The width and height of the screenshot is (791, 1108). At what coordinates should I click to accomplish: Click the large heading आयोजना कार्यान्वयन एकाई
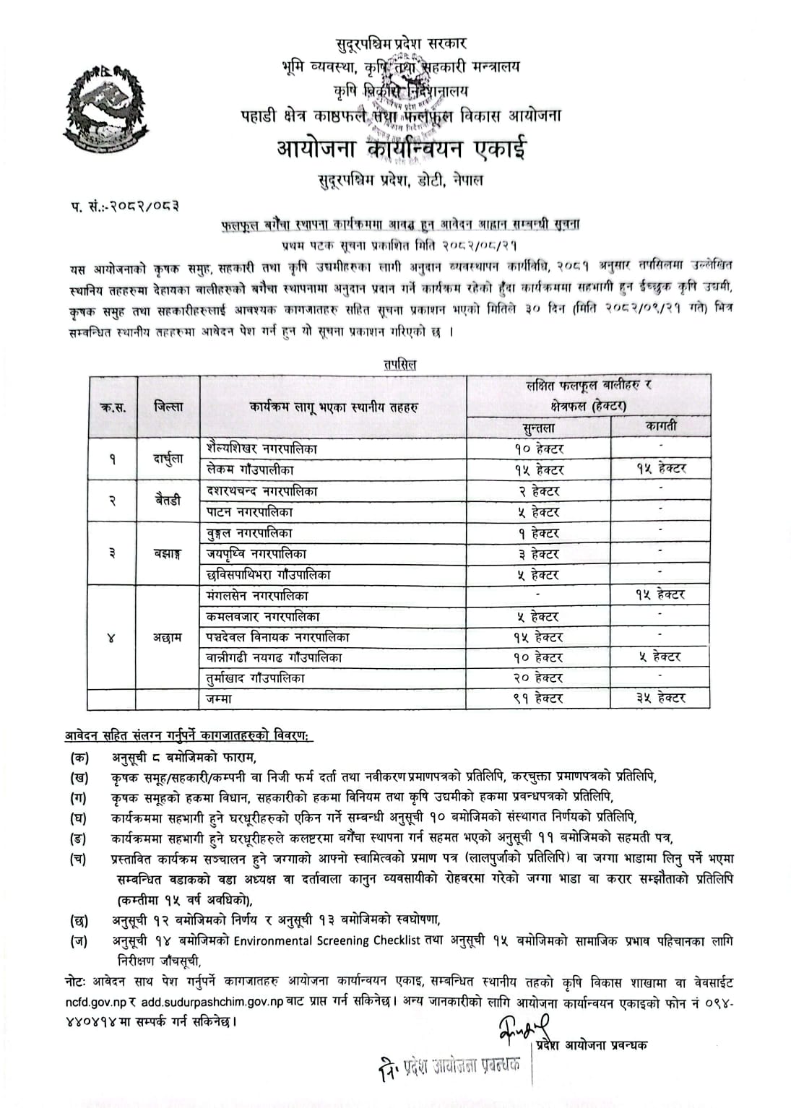tap(402, 150)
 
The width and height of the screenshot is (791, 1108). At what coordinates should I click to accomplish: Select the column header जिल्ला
tap(168, 407)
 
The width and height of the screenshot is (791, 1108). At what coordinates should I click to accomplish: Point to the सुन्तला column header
tap(538, 428)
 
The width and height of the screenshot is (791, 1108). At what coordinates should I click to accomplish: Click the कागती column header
tap(660, 426)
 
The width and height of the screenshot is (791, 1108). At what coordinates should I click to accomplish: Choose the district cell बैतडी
tap(168, 501)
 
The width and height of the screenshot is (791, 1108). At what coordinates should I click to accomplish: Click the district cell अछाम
tap(168, 638)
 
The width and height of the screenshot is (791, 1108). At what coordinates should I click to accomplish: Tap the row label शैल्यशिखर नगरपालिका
tap(261, 449)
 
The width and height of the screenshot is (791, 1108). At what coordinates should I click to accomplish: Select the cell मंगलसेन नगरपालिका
tap(257, 596)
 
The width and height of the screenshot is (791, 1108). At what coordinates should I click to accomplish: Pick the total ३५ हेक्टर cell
tap(660, 698)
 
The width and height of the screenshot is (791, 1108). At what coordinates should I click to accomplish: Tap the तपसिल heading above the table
tap(400, 365)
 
